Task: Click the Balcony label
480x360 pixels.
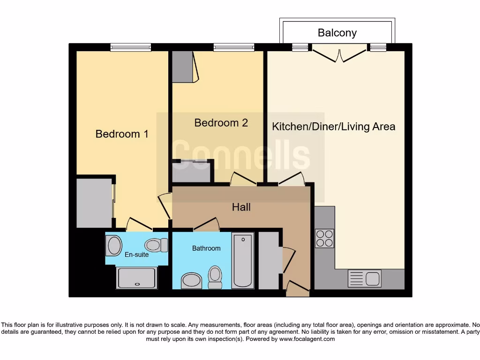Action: pyautogui.click(x=337, y=33)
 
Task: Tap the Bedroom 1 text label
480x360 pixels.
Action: pyautogui.click(x=122, y=134)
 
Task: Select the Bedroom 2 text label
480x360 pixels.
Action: pyautogui.click(x=221, y=123)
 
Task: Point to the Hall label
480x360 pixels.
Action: pyautogui.click(x=241, y=207)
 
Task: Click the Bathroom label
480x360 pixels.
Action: pyautogui.click(x=206, y=248)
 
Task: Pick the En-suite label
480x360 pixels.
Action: pyautogui.click(x=136, y=255)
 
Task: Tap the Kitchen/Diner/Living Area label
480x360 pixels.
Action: pyautogui.click(x=334, y=127)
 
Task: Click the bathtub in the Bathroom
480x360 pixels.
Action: pyautogui.click(x=243, y=260)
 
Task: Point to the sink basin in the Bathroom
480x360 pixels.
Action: pyautogui.click(x=191, y=281)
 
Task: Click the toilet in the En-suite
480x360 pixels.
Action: pyautogui.click(x=156, y=245)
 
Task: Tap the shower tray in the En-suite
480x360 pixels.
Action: pyautogui.click(x=137, y=278)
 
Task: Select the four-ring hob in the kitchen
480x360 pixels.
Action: pyautogui.click(x=324, y=238)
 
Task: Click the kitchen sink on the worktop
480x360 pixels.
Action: pyautogui.click(x=364, y=278)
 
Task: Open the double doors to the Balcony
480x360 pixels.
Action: pyautogui.click(x=339, y=52)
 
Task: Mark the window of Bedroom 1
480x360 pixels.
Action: pyautogui.click(x=131, y=47)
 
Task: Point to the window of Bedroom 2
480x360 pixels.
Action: pyautogui.click(x=234, y=47)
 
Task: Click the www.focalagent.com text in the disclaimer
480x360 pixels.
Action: pyautogui.click(x=307, y=339)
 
